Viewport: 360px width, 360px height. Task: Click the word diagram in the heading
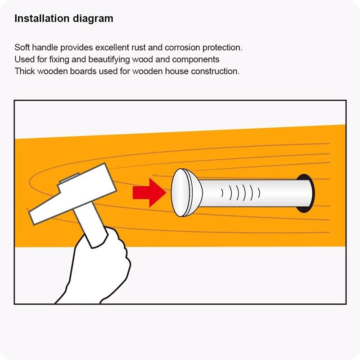(93, 19)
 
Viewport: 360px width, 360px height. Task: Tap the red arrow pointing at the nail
(149, 193)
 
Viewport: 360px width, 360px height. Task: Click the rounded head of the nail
(186, 193)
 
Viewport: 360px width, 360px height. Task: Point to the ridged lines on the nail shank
(241, 193)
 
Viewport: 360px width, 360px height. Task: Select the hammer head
(72, 194)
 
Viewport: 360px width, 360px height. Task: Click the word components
(196, 60)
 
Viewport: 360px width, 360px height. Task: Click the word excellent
(112, 48)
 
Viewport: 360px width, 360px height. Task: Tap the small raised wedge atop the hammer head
(69, 178)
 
